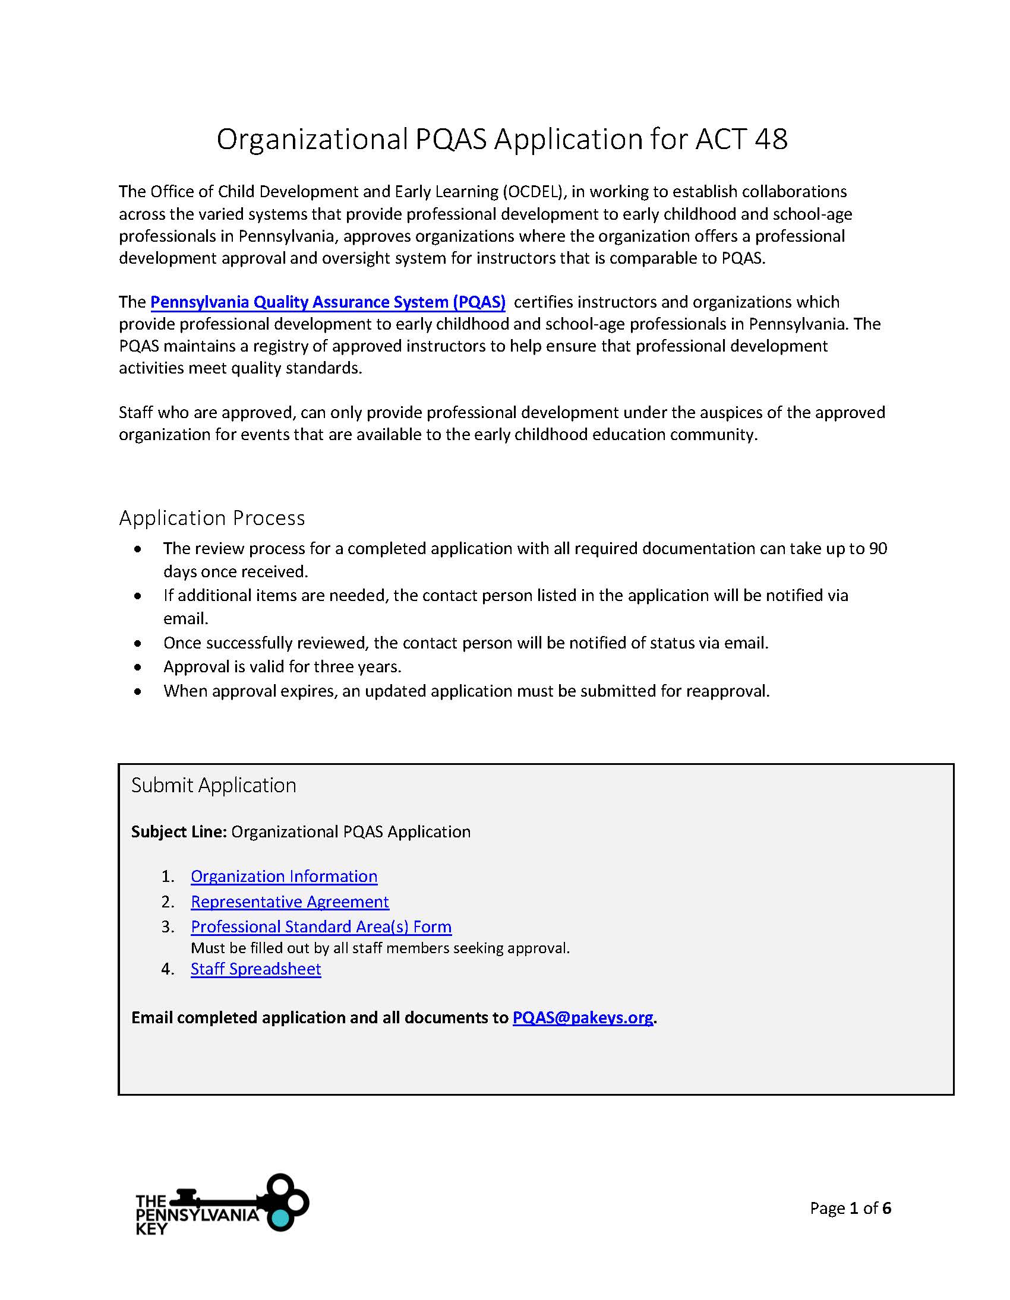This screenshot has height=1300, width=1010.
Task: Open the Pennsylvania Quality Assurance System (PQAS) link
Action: click(x=327, y=302)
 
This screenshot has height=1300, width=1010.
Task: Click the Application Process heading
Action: click(x=212, y=518)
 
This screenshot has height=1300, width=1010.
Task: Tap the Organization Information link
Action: click(x=283, y=876)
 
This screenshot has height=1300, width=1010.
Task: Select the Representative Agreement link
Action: click(x=289, y=902)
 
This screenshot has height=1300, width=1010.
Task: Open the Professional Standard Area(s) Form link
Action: click(x=321, y=927)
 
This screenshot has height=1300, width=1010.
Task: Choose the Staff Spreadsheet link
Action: click(x=255, y=969)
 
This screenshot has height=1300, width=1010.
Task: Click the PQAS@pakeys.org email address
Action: click(x=582, y=1017)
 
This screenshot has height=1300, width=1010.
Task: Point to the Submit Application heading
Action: click(x=213, y=785)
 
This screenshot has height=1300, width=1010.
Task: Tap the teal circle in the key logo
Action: click(x=279, y=1219)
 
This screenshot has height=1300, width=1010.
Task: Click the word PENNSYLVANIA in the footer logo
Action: click(x=197, y=1215)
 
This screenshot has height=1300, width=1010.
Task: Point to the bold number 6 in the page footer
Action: click(x=887, y=1208)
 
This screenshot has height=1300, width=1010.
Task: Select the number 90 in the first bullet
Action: click(x=878, y=548)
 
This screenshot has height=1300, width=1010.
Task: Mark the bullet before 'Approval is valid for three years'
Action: click(x=138, y=668)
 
